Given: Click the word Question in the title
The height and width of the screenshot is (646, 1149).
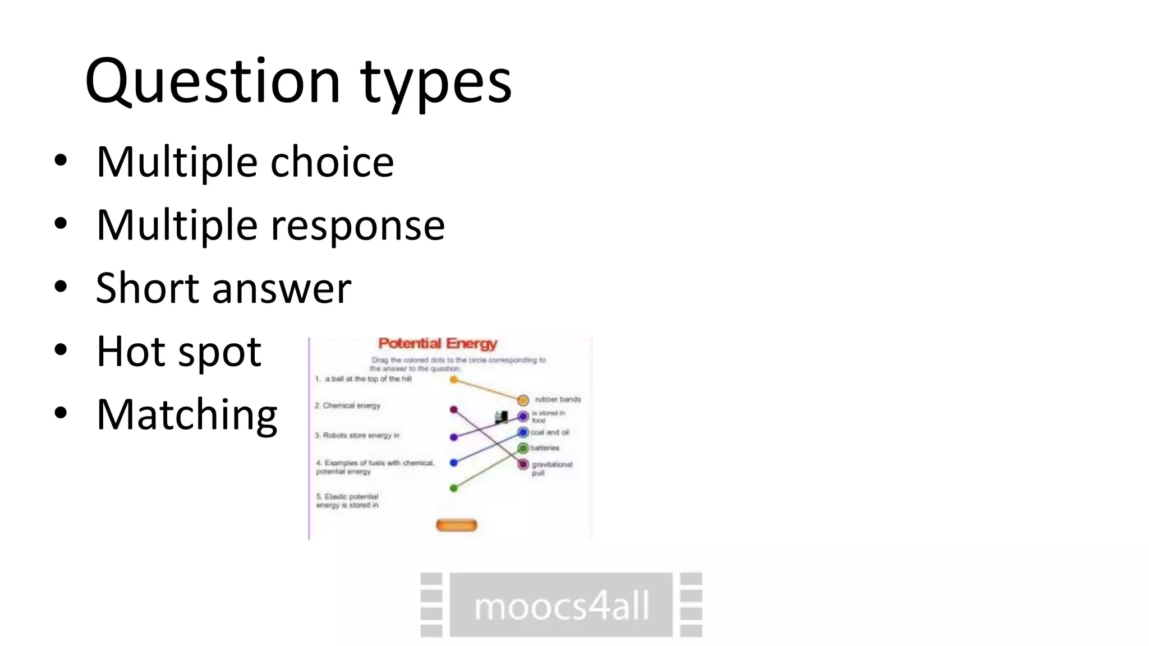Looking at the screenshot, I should click(x=212, y=82).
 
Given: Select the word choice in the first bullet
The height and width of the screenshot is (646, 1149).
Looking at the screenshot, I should click(x=332, y=162).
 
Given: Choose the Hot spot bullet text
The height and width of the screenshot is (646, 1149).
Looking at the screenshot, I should click(x=178, y=352).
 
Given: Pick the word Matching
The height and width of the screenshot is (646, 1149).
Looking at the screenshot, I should click(x=187, y=415).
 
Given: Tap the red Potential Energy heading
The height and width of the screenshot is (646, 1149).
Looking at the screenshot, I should click(x=438, y=343).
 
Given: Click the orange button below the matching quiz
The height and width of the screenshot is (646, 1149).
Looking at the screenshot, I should click(x=456, y=525).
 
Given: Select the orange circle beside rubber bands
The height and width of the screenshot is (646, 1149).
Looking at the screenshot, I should click(x=523, y=400).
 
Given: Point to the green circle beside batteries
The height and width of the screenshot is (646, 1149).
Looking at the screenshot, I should click(x=523, y=448).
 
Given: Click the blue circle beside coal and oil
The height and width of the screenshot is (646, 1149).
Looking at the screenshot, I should click(x=523, y=432).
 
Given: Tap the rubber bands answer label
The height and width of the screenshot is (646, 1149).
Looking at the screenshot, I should click(x=558, y=399).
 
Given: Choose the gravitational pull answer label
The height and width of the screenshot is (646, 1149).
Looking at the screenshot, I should click(x=551, y=468).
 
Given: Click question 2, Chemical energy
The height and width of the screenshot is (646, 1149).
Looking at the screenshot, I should click(x=348, y=405).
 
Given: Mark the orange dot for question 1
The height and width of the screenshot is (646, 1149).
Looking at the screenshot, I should click(x=454, y=380).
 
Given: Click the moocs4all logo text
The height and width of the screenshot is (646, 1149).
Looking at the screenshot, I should click(x=561, y=606).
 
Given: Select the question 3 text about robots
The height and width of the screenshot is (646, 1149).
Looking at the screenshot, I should click(x=357, y=435).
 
